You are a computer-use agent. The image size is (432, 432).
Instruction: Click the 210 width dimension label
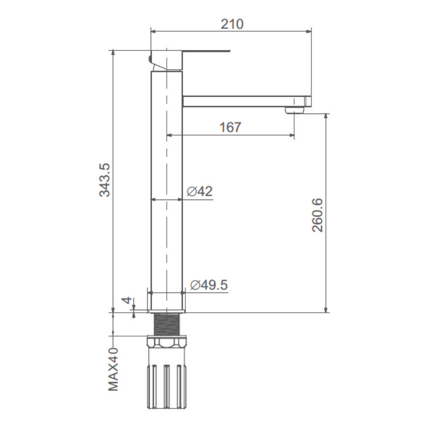coord(232,24)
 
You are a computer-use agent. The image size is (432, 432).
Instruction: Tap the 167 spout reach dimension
coord(230,127)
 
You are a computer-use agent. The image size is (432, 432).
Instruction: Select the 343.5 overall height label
coord(105,180)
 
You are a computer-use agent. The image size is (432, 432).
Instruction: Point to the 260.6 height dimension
coord(318,215)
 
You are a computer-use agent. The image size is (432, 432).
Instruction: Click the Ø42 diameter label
coord(200,191)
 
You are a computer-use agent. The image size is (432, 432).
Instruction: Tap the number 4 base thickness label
coord(127,300)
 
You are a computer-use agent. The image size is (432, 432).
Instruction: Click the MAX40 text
coord(113,369)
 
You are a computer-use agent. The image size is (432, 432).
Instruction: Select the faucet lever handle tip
coord(229,51)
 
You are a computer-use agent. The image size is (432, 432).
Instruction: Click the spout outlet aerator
coord(295,110)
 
